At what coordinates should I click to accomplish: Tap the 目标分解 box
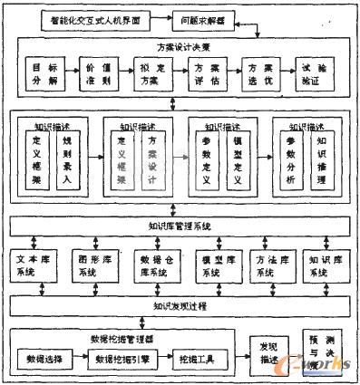coord(39,73)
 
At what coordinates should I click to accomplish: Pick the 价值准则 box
coord(94,73)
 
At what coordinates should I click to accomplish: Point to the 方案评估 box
coord(204,73)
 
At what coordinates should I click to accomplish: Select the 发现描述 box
coord(268,351)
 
